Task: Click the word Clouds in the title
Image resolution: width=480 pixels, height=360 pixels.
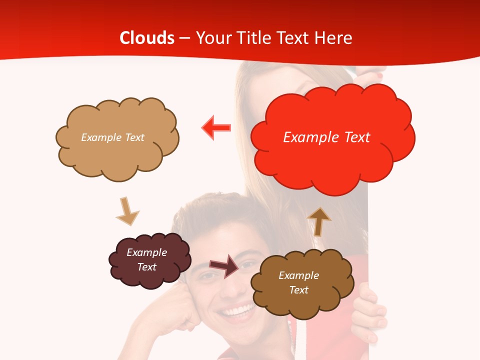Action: pos(147,38)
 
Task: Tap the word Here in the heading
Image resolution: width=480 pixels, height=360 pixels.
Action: pos(333,38)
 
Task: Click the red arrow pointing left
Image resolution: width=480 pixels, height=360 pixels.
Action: pos(216,128)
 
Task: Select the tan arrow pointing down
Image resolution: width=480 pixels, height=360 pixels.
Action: pos(127,211)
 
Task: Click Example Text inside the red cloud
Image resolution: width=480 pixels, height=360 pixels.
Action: pos(326,137)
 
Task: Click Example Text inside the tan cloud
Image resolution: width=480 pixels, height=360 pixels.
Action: pos(112,137)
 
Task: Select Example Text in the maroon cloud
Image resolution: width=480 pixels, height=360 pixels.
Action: pos(146,259)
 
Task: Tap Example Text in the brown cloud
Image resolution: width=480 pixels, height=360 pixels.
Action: pos(298,282)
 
